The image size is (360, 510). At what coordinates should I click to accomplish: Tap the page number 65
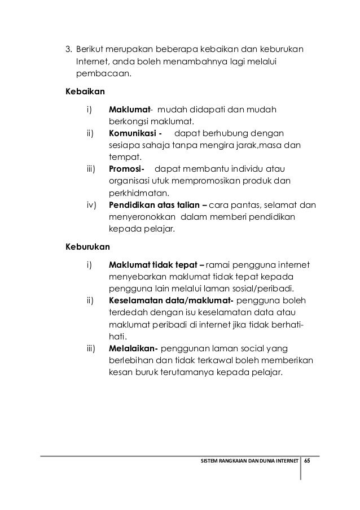pos(307,460)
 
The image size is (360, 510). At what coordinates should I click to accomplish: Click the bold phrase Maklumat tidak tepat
pos(156,264)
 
